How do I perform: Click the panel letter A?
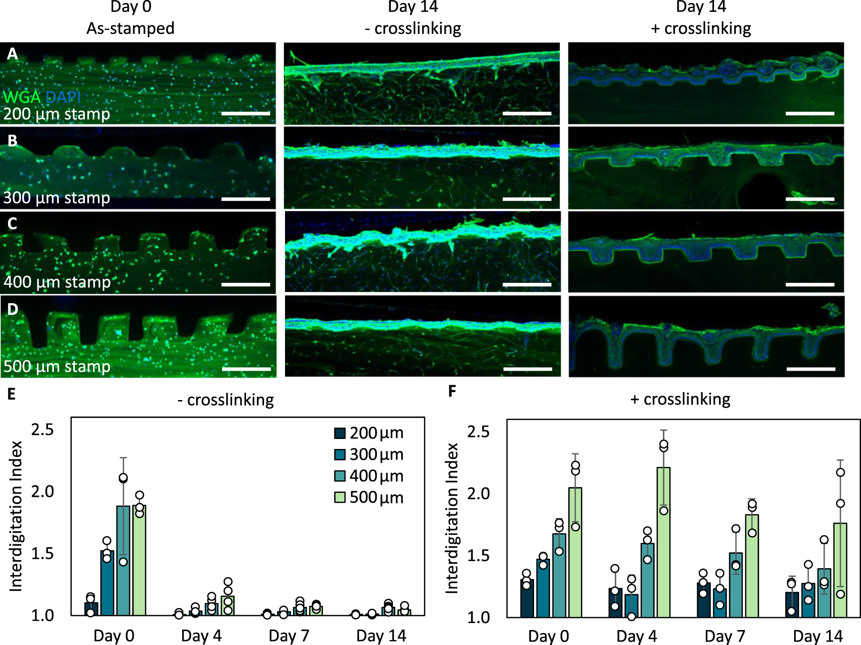click(x=12, y=54)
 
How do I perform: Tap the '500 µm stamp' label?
click(x=56, y=367)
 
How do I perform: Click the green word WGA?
click(x=22, y=97)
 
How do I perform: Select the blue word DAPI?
click(x=63, y=97)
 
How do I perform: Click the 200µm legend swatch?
click(x=339, y=433)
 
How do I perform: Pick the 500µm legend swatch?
click(x=339, y=497)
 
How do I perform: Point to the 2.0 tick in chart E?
click(x=42, y=492)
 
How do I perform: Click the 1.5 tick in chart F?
click(x=479, y=556)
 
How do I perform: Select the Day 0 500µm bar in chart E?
click(x=139, y=561)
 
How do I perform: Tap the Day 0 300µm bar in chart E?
click(x=107, y=583)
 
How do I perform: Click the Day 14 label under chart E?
click(x=381, y=636)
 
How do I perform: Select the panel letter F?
click(x=452, y=392)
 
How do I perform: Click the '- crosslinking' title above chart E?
click(x=226, y=400)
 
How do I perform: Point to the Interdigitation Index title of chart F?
click(x=452, y=518)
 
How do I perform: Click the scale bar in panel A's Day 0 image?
click(x=246, y=114)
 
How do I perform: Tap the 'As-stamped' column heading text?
click(x=130, y=28)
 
